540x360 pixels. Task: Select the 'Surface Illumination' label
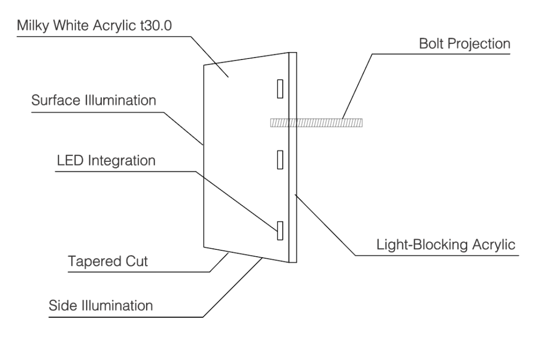[93, 100]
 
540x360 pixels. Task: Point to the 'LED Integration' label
[106, 160]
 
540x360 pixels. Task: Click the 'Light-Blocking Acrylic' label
[446, 245]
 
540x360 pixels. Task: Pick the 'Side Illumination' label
[100, 305]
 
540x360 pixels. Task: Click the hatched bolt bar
[316, 123]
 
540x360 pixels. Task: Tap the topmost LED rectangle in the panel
[281, 88]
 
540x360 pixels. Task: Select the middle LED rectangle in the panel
[281, 159]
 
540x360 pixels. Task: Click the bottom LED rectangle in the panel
[281, 230]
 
